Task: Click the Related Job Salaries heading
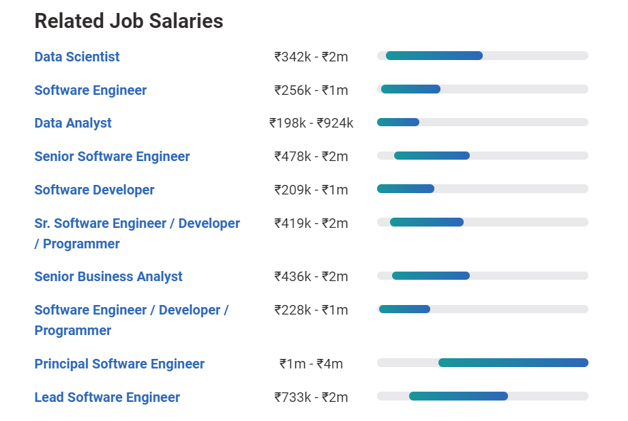129,21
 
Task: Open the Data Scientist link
77,57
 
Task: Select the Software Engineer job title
91,90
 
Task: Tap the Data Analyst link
73,123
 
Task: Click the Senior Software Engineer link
113,156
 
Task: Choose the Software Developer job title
95,190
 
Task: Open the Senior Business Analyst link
108,276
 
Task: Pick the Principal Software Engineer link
119,364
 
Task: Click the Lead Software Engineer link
107,397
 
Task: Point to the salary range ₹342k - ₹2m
311,57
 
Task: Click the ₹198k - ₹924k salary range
311,123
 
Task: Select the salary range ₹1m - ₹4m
311,364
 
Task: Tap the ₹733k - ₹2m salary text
311,397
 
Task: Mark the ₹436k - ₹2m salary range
311,276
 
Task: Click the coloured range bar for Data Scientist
434,55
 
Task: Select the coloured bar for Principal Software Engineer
513,362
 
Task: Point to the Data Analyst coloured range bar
398,122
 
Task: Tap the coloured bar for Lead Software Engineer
458,396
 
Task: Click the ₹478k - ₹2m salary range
311,156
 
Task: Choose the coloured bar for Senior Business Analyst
431,276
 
